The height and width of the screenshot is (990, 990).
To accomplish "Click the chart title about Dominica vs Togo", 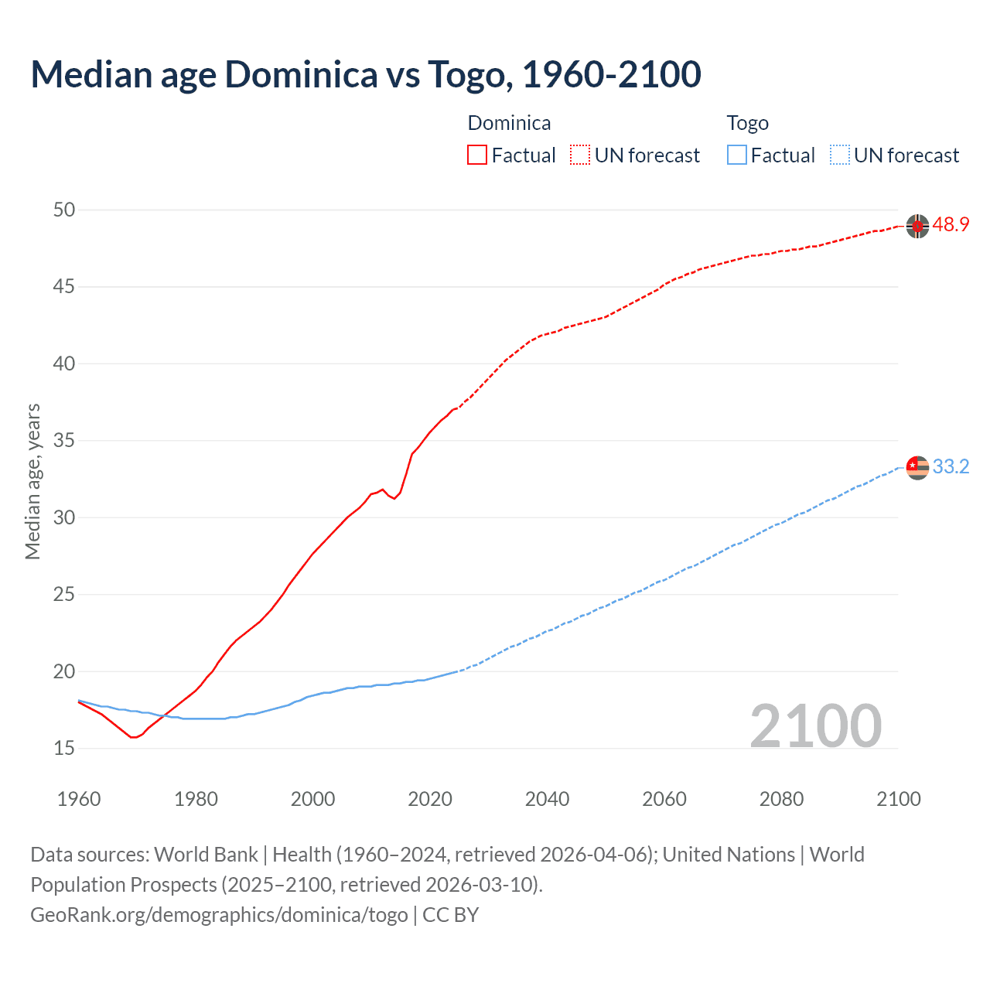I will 366,75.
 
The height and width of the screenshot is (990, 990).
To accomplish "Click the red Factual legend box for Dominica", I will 477,155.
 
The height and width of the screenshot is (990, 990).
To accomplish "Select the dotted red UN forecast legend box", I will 580,155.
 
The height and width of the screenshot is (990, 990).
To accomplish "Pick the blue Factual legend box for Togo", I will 736,155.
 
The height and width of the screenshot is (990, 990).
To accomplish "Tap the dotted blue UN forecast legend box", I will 839,155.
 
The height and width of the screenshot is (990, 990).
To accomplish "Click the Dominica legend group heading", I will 509,123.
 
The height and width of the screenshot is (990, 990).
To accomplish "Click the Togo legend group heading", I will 747,123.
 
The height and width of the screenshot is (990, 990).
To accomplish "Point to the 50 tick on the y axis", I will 64,210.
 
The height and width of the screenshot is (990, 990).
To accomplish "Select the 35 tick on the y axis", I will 64,441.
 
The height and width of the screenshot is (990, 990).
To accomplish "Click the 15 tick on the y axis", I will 64,748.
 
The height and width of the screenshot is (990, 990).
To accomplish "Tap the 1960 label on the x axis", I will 79,799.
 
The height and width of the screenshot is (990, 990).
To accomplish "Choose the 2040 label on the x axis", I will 547,799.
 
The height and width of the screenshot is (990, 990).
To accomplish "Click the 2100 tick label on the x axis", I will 898,799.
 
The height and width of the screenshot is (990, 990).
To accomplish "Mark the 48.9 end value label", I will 951,225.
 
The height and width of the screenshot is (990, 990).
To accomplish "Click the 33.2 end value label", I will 951,466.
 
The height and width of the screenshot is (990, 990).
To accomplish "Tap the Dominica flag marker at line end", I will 917,226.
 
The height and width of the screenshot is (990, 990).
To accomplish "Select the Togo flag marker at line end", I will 917,467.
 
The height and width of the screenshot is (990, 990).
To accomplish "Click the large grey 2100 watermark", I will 816,725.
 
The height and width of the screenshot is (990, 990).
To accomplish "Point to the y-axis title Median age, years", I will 32,481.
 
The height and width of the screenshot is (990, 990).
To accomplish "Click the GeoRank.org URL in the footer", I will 219,915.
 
